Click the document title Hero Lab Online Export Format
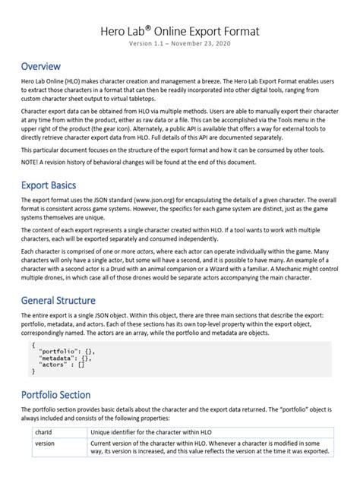(x=180, y=31)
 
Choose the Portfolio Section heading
(x=66, y=395)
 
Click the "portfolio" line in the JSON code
(x=66, y=351)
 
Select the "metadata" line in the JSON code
(x=65, y=358)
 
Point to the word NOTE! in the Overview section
(x=32, y=163)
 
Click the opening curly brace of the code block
(x=34, y=344)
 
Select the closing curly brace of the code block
(x=34, y=371)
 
